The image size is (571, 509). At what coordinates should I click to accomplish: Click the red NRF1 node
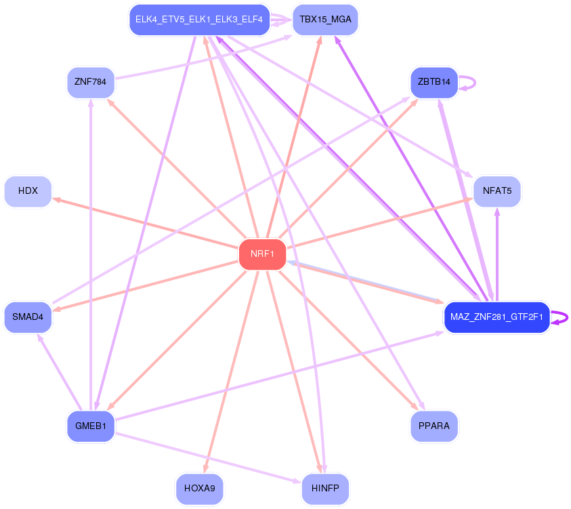[x=262, y=254]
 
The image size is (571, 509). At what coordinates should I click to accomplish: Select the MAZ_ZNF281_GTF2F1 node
[x=496, y=317]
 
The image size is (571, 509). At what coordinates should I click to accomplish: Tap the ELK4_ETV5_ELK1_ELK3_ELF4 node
[x=199, y=20]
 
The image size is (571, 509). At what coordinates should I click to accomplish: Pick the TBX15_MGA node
[x=325, y=20]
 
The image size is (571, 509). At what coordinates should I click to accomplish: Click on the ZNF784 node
[x=91, y=83]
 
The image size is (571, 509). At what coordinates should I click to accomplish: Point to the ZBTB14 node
[x=434, y=82]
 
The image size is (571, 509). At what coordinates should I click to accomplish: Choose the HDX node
[x=28, y=191]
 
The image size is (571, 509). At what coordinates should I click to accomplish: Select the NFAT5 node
[x=497, y=191]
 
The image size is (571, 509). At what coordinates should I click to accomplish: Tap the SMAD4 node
[x=28, y=317]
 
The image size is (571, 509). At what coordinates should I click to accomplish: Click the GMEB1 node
[x=91, y=426]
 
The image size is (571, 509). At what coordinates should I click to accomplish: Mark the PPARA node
[x=434, y=426]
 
